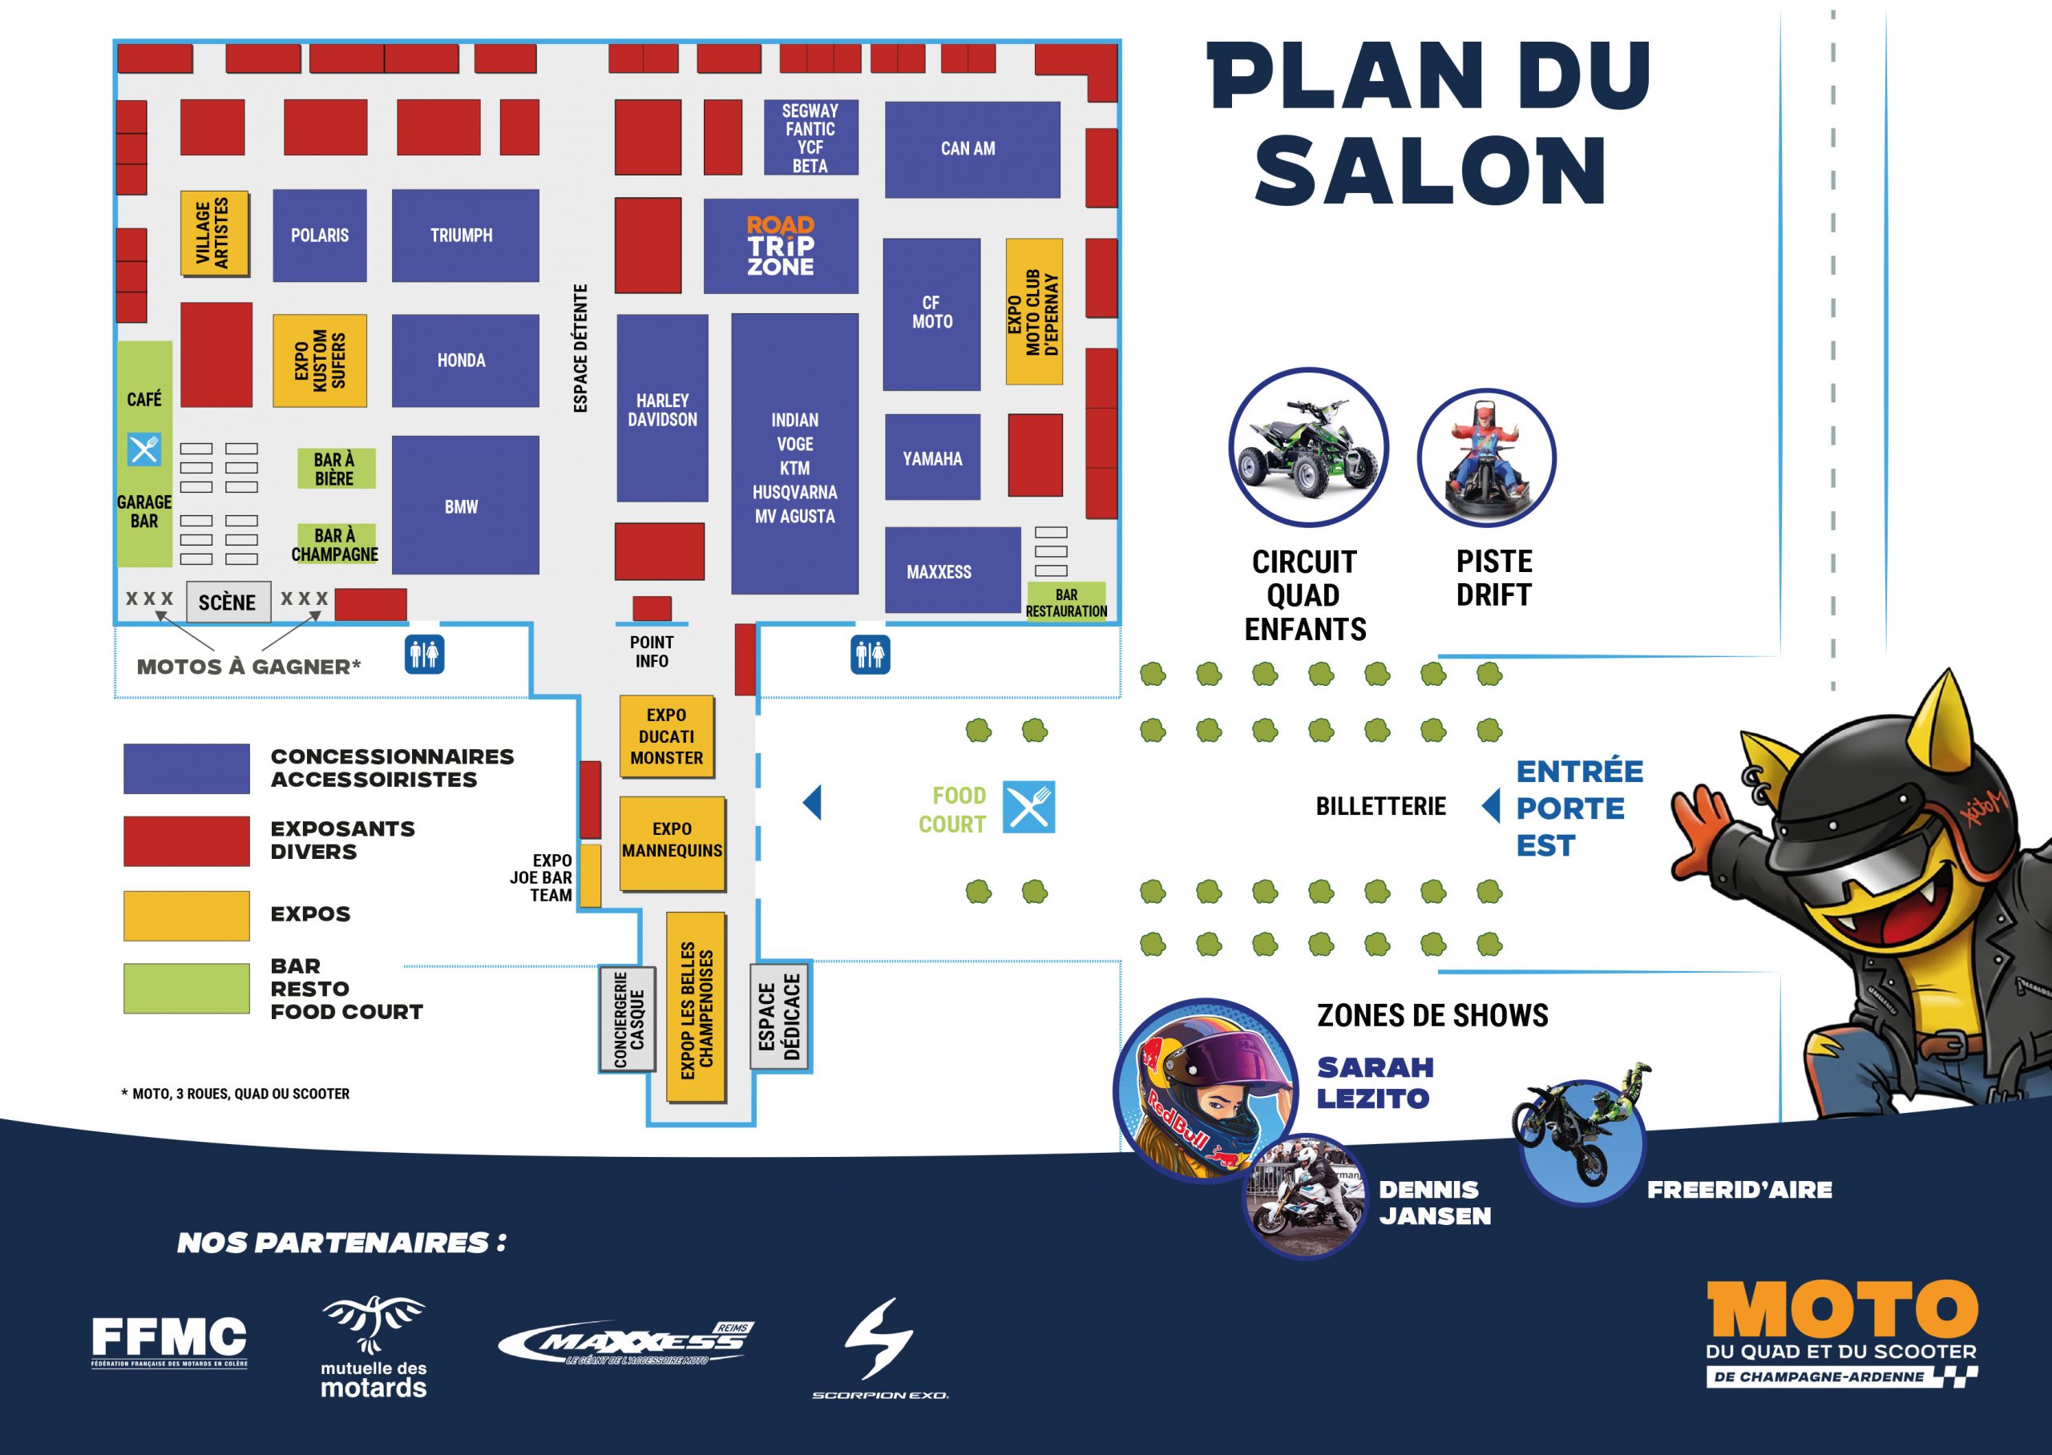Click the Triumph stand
pos(465,236)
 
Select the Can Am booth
pos(972,150)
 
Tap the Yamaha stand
pos(932,457)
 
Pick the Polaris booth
pos(320,236)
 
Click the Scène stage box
pos(227,602)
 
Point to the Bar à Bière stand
pos(335,469)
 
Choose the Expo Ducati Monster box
pos(667,736)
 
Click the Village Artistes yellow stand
pos(214,233)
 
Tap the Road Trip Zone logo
pos(781,245)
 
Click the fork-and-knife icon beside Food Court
pos(1028,808)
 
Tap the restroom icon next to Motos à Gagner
pos(424,655)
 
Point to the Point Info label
pos(652,651)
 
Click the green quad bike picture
pos(1307,447)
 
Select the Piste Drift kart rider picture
pos(1487,457)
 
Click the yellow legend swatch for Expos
pos(187,916)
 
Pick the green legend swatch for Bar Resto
pos(187,988)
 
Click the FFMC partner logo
pos(169,1341)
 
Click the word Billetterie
pos(1380,806)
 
